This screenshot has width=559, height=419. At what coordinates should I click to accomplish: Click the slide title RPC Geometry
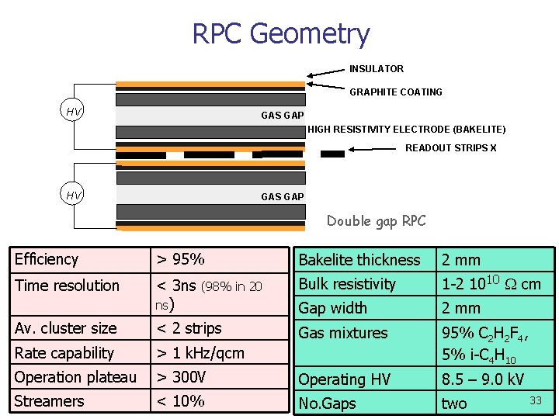280,34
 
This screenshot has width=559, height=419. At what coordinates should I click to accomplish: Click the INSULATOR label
376,69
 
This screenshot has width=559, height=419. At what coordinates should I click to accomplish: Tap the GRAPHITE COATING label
396,92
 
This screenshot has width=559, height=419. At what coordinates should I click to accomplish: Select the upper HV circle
74,112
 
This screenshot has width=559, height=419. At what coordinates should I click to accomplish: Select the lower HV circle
74,195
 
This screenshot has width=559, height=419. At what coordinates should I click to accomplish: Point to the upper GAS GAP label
282,116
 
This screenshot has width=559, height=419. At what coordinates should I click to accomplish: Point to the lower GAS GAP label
282,197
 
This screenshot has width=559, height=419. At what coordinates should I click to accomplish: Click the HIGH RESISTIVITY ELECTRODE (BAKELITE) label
406,129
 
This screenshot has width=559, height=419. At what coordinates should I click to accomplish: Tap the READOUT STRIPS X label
451,147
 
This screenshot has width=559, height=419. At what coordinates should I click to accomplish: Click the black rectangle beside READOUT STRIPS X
332,154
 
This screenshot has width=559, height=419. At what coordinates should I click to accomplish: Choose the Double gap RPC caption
376,221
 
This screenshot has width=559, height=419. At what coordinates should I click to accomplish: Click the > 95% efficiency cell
181,259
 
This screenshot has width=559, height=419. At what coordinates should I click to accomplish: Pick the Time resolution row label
67,286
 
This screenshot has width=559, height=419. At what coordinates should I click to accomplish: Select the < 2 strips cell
189,328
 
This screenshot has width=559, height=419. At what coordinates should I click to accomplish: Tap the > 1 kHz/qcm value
200,353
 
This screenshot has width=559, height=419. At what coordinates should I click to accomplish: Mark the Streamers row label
49,401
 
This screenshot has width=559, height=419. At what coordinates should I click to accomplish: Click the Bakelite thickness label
359,260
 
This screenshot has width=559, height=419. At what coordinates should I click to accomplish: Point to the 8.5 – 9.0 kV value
482,380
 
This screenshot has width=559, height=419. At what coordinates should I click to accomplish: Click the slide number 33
535,400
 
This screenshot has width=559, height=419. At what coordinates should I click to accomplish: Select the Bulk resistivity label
347,284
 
